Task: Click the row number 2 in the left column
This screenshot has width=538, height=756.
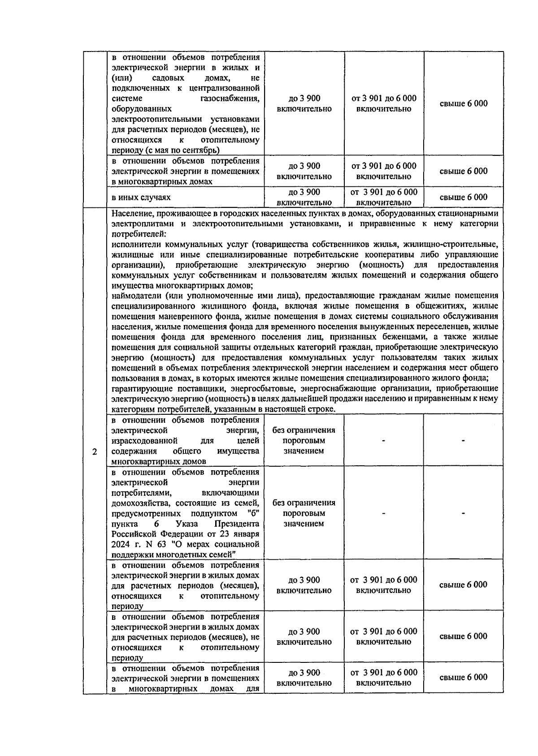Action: coord(95,451)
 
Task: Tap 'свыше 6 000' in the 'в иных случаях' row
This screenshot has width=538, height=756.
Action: coord(463,197)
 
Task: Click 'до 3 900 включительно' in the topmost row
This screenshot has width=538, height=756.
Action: coord(304,103)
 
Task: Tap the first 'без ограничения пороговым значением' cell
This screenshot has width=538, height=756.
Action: coord(304,440)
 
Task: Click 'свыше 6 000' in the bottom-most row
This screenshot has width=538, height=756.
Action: coord(463,677)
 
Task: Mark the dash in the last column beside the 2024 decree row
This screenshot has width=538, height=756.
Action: coord(463,513)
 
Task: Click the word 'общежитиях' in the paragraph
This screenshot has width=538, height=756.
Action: coord(431,306)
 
